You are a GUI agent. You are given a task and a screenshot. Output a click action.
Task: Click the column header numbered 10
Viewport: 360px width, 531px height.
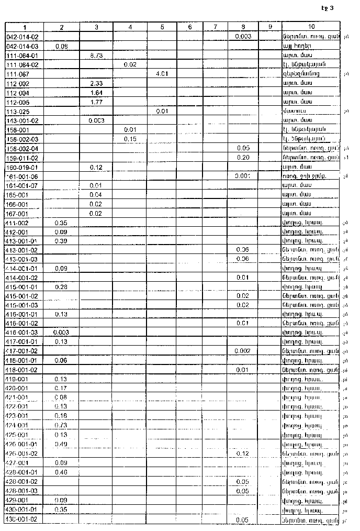point(311,27)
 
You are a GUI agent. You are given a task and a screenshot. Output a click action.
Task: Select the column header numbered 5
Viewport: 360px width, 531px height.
point(162,27)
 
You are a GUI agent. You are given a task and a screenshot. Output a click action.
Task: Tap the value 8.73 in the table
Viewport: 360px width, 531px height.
point(96,55)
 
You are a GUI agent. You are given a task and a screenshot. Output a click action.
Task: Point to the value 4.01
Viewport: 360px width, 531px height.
point(161,74)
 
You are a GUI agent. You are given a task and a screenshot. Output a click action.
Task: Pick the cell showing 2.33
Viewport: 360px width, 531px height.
point(96,83)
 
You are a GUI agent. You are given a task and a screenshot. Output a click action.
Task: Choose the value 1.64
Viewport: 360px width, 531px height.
point(96,93)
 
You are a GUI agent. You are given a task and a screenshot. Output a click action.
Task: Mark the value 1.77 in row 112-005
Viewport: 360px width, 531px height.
point(96,102)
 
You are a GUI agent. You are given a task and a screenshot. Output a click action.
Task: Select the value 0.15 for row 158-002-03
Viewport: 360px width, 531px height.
point(130,139)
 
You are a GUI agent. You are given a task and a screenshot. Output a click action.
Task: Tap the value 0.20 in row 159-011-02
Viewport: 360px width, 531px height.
point(242,158)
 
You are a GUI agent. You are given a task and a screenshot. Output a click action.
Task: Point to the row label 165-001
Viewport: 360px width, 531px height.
point(17,195)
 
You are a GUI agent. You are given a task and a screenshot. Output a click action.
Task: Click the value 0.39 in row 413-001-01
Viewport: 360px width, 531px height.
point(61,241)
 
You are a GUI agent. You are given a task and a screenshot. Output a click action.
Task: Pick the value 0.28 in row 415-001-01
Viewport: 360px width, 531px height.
point(61,287)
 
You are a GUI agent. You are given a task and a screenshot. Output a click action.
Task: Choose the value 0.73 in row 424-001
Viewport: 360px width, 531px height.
point(61,425)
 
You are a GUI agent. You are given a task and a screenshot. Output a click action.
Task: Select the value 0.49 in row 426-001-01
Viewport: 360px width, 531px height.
point(61,444)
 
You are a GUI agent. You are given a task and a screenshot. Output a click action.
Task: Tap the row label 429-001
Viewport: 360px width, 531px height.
point(17,500)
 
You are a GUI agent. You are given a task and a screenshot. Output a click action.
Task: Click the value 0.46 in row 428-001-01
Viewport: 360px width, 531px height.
point(61,472)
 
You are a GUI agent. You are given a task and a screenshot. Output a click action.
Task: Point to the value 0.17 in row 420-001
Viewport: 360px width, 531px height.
point(61,388)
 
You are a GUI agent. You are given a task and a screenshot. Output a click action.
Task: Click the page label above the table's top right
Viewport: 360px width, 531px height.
point(328,8)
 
